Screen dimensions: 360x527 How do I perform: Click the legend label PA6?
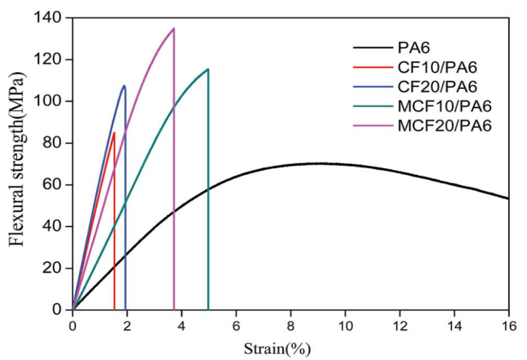click(414, 48)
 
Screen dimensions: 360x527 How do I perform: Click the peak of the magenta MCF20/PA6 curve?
click(173, 29)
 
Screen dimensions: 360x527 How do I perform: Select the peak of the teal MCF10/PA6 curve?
click(207, 69)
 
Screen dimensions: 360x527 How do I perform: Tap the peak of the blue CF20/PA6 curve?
click(124, 86)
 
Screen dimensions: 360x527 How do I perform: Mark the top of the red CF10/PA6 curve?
click(114, 133)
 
